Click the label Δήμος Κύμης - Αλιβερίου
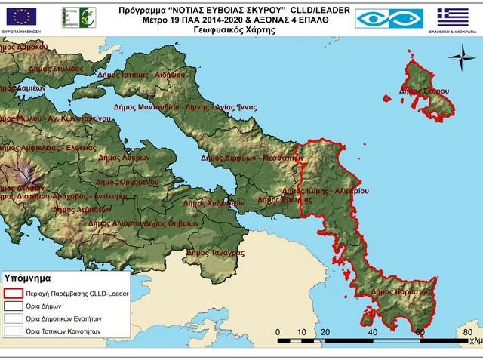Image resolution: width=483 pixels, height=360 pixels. tap(325, 192)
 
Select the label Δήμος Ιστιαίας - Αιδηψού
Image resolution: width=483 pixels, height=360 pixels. tap(173, 75)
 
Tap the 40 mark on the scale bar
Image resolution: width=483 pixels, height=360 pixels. tap(372, 331)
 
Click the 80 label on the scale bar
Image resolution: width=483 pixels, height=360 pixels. tap(467, 331)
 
